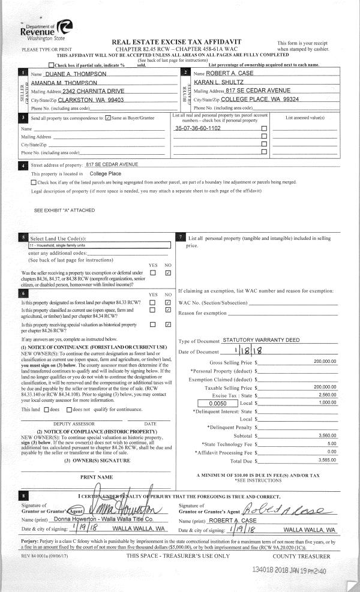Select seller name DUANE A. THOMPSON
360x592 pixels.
coord(76,73)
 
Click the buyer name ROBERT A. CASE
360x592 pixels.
coord(230,73)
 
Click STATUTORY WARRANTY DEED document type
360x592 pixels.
coord(261,340)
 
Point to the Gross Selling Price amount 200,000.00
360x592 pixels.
coord(325,362)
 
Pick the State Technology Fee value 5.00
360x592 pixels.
coord(331,444)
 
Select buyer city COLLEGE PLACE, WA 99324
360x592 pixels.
coord(260,99)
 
